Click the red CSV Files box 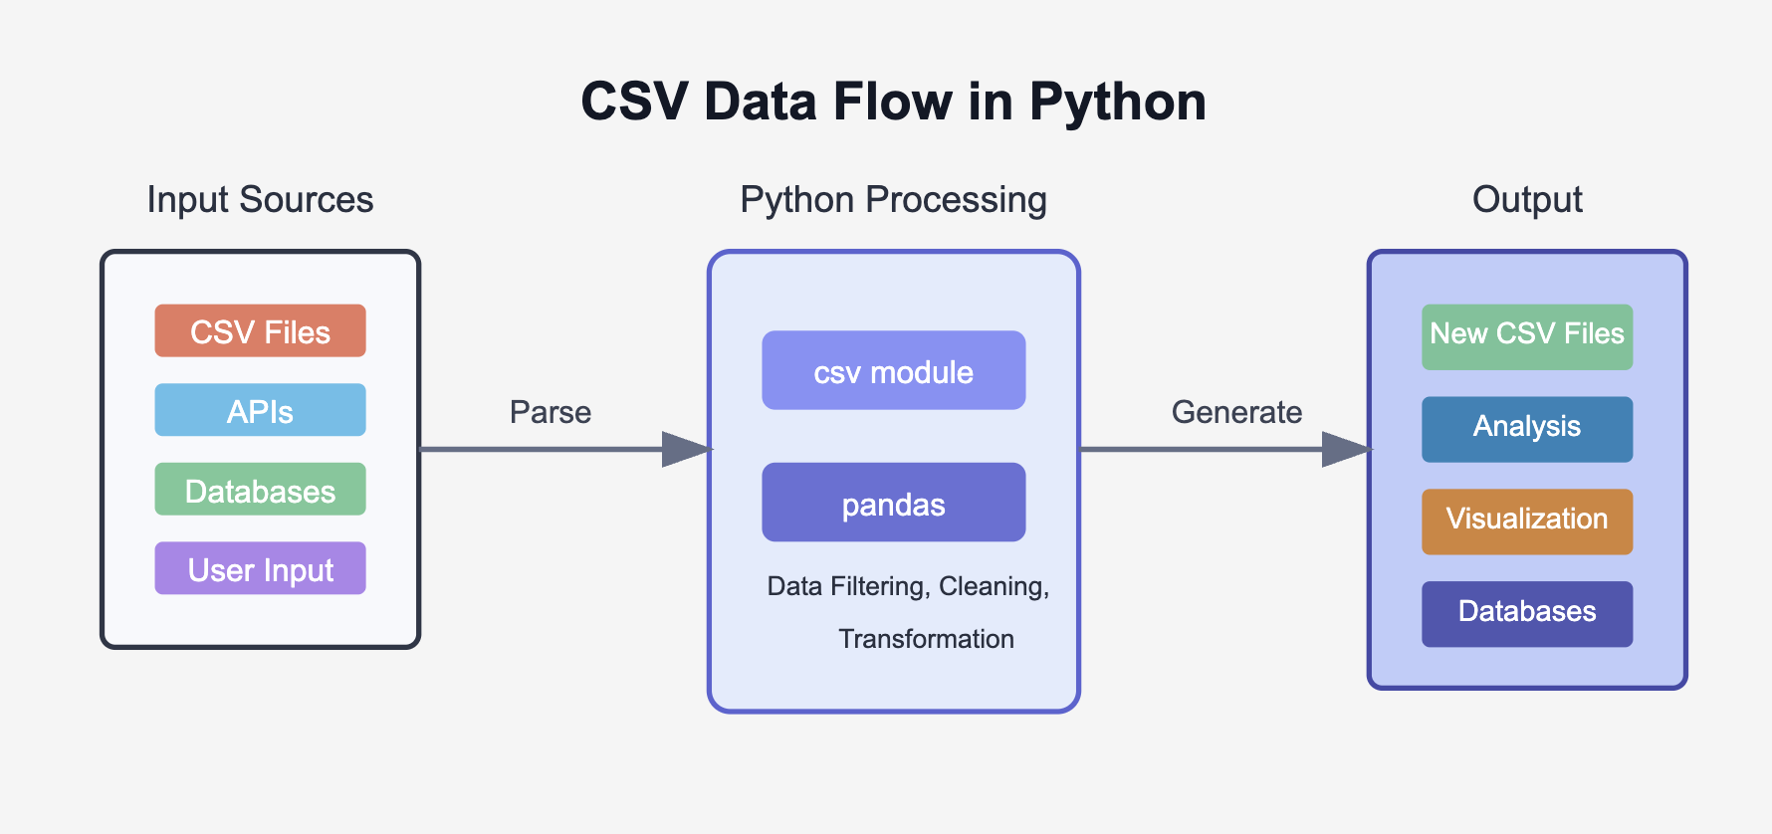(x=260, y=330)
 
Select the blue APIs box (x=260, y=410)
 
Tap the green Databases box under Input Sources (x=260, y=490)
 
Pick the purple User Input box (x=260, y=568)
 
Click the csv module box (x=893, y=370)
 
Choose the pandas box (x=893, y=503)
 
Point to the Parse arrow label (x=550, y=412)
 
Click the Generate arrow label (x=1236, y=412)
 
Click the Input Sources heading (x=260, y=200)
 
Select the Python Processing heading (x=893, y=200)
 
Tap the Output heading (x=1526, y=200)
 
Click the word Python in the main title (x=1117, y=103)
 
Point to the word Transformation (x=926, y=639)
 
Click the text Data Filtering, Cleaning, (x=908, y=586)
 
